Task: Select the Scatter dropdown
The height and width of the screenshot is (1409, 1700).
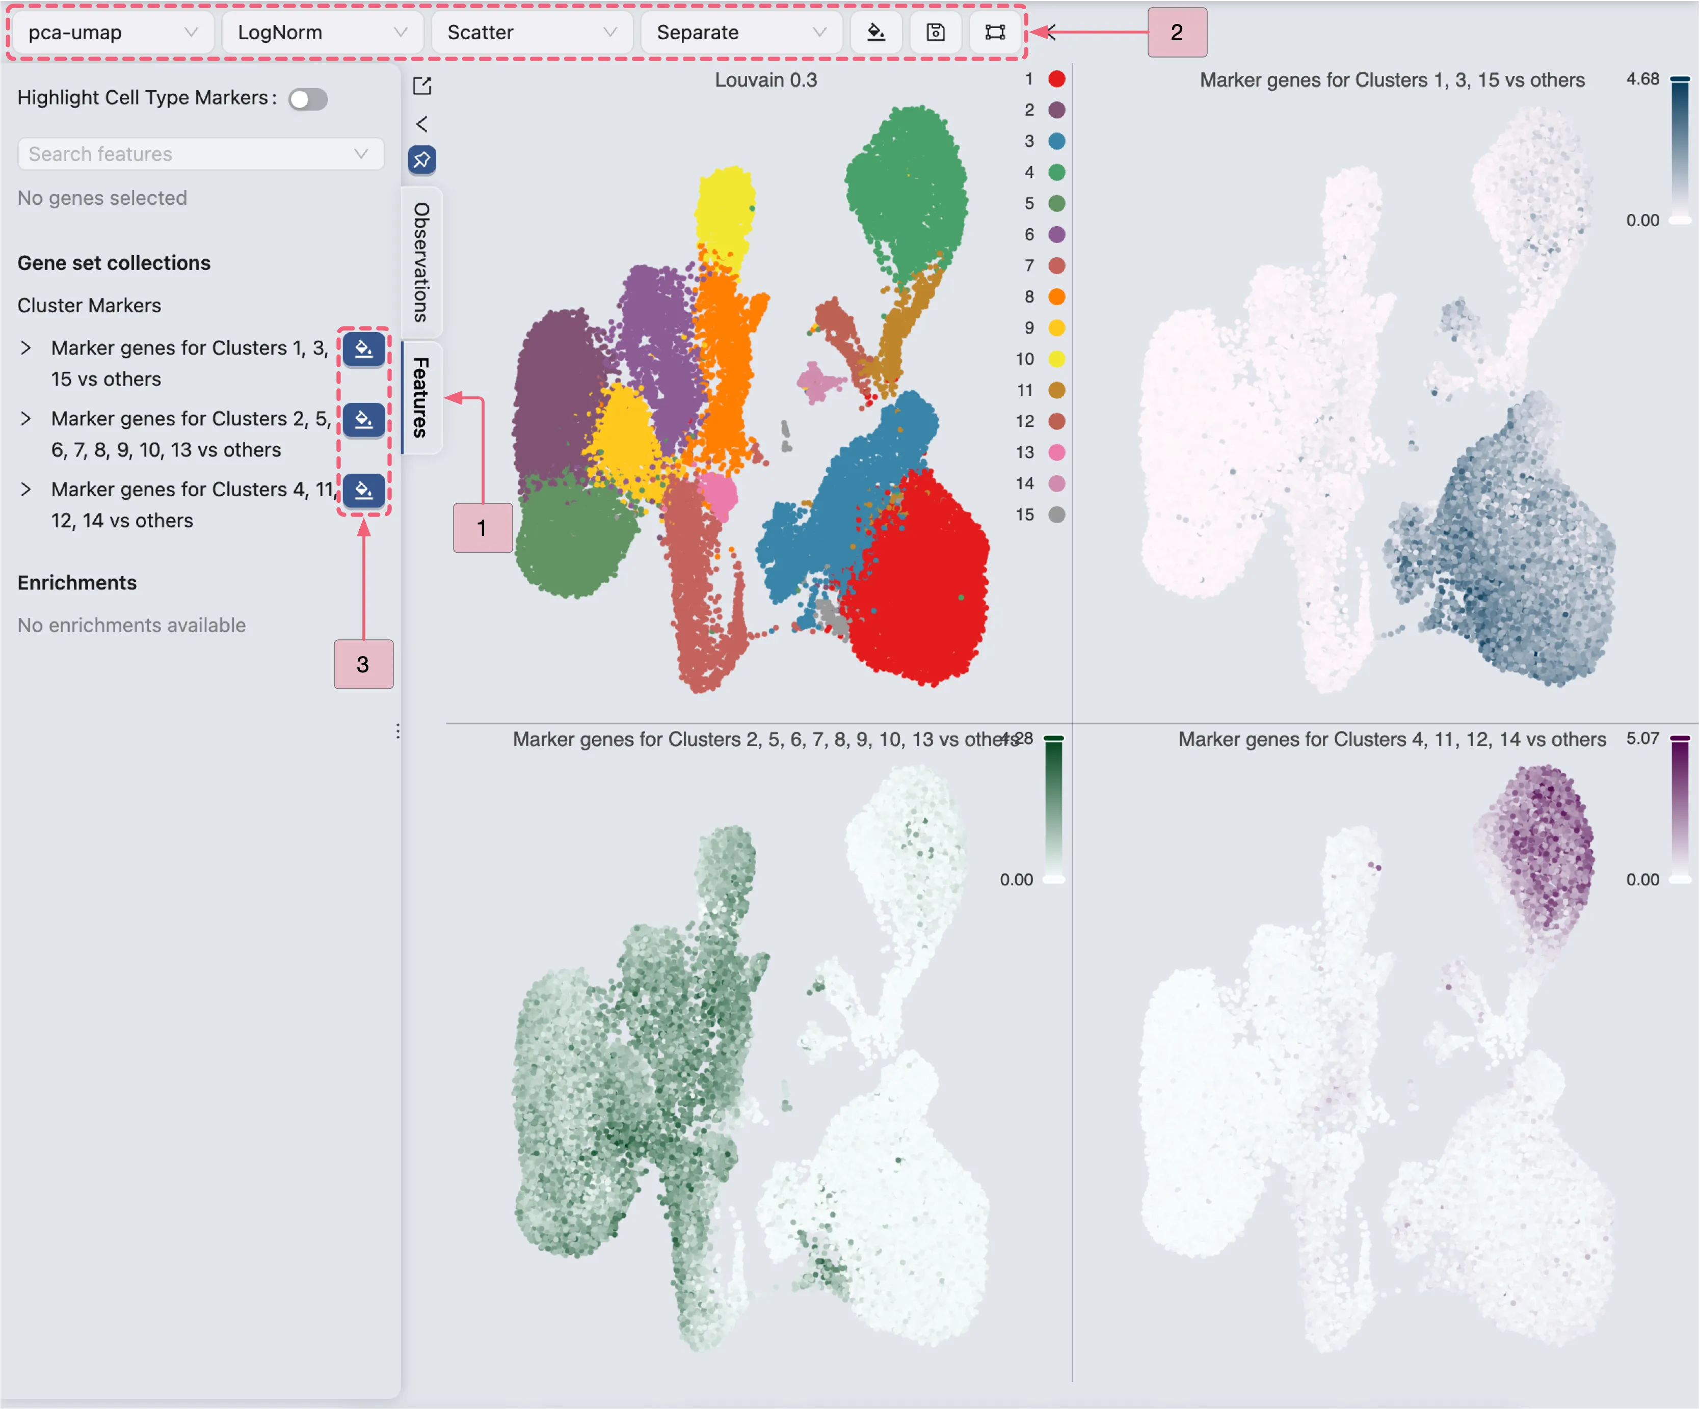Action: [531, 33]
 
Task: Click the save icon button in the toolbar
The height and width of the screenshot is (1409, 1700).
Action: [935, 33]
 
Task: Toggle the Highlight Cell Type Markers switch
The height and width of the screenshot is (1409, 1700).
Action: [308, 99]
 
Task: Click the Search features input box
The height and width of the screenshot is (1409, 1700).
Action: [190, 154]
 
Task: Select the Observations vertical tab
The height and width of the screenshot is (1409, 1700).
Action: [421, 262]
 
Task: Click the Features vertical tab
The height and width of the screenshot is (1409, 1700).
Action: [421, 396]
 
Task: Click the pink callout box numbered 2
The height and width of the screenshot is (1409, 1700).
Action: [1176, 33]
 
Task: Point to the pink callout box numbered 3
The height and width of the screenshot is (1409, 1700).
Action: [363, 664]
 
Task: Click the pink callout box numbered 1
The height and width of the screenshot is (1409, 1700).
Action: [483, 528]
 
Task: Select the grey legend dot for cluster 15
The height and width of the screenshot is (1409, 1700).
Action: [1056, 514]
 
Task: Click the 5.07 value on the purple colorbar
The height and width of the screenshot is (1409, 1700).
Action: [1642, 738]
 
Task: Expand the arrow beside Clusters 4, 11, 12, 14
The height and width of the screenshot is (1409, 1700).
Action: [26, 490]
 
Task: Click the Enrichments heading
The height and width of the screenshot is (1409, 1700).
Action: [77, 583]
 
